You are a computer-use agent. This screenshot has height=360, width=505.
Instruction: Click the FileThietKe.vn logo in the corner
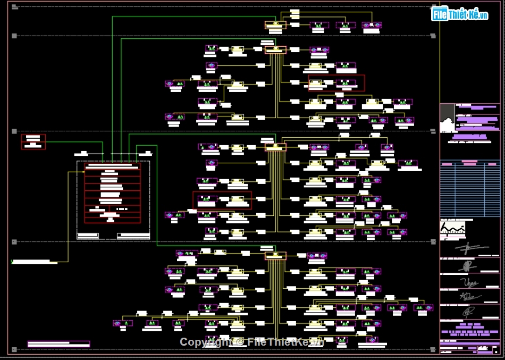(460, 14)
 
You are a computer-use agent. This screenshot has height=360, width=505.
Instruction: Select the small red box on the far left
(33, 141)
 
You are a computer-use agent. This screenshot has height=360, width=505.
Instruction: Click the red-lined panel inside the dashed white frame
(113, 193)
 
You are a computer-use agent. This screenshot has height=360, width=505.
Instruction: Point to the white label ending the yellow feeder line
(35, 262)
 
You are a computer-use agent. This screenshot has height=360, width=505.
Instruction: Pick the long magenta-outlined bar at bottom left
(58, 344)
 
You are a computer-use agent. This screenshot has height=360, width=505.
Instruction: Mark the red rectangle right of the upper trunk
(336, 83)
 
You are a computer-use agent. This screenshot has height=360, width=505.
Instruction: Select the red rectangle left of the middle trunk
(222, 200)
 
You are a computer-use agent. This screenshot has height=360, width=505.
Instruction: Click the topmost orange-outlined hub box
(275, 25)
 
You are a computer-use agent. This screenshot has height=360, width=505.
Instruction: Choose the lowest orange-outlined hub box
(275, 256)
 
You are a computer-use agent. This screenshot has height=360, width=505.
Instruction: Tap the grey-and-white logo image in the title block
(448, 118)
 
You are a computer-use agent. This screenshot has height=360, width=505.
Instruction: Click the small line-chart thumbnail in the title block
(452, 228)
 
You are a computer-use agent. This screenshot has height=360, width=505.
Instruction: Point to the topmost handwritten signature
(470, 248)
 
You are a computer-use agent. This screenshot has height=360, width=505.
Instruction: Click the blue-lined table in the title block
(470, 188)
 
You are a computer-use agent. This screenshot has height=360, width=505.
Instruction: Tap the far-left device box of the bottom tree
(123, 323)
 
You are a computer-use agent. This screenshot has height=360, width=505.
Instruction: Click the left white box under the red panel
(88, 235)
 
